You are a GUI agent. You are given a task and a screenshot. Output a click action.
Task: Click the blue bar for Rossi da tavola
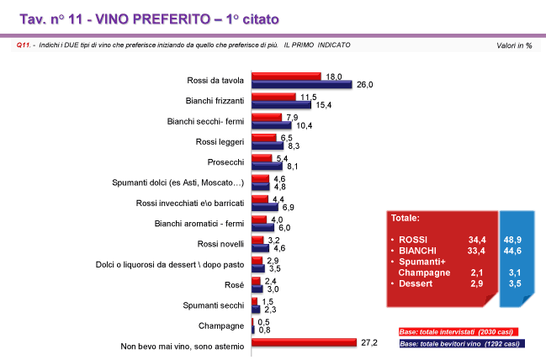click(301, 84)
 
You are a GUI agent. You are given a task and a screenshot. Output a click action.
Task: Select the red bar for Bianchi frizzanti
click(273, 97)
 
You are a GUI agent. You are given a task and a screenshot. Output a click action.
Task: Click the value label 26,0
click(364, 85)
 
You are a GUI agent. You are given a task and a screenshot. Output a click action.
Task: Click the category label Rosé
click(236, 284)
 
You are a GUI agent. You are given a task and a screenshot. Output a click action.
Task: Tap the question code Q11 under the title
click(23, 45)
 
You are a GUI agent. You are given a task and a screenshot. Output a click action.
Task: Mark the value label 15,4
click(325, 105)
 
